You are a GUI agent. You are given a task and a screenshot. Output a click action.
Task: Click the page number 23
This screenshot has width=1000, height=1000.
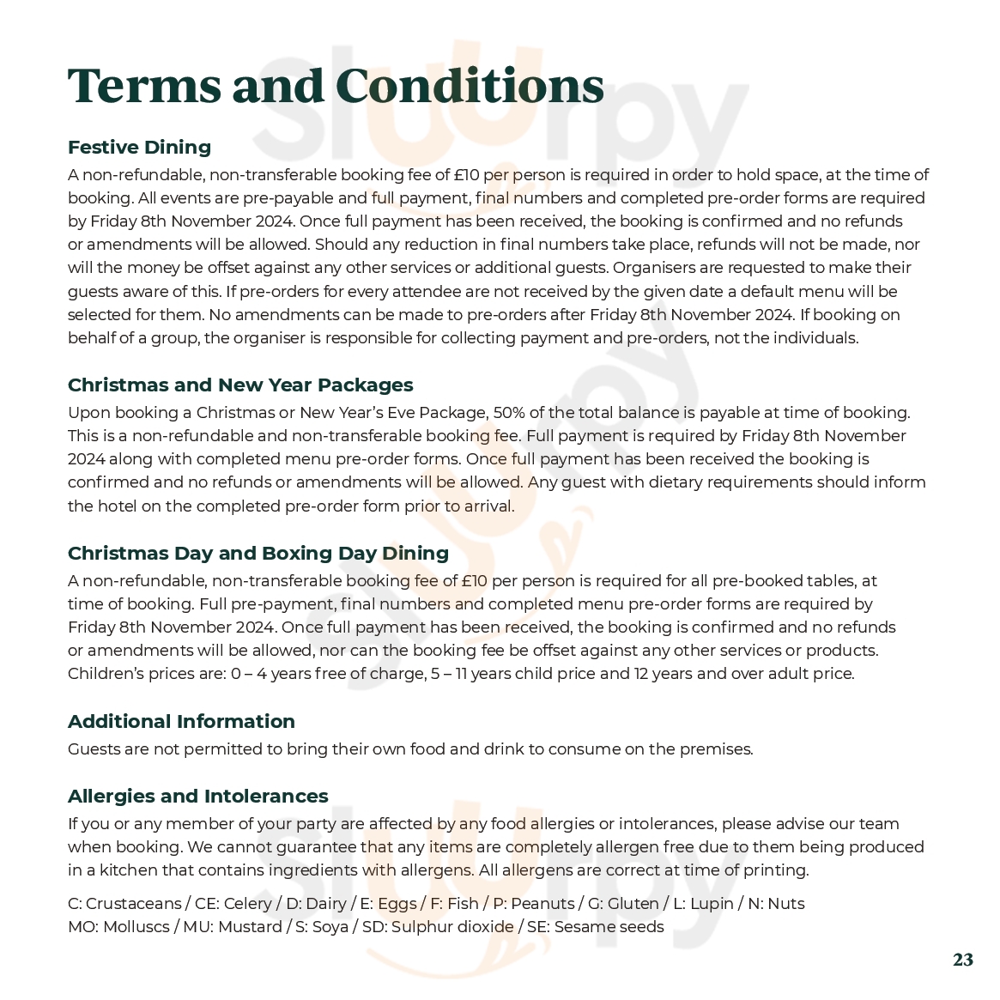coord(962,960)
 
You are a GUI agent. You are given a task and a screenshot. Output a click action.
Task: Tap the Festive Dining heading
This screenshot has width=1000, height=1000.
coord(139,147)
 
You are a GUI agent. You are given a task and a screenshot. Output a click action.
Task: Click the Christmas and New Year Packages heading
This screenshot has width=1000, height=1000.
coord(240,385)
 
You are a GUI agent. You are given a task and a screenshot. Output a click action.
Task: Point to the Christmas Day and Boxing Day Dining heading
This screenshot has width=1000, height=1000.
coord(258,553)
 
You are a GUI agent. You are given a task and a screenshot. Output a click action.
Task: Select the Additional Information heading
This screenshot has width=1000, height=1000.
coord(181,721)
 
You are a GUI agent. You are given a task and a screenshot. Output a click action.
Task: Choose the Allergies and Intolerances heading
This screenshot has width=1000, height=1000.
coord(197,796)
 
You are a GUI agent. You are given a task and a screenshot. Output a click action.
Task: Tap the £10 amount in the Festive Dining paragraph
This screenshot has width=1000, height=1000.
coord(466,175)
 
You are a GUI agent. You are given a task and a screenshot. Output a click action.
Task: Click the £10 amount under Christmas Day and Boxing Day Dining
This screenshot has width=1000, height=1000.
coord(474,581)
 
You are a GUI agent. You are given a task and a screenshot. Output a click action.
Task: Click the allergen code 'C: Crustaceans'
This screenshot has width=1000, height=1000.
coord(124,904)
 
